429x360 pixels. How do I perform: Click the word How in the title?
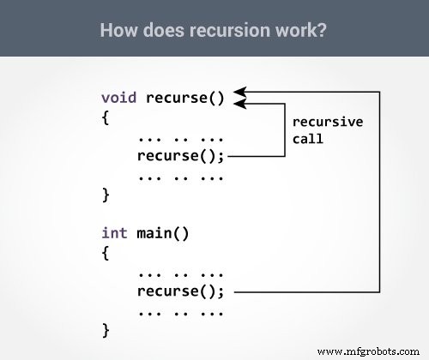(117, 30)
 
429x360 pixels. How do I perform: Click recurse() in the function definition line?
(184, 97)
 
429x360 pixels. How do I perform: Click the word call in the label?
(307, 138)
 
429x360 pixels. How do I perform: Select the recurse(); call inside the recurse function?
(180, 156)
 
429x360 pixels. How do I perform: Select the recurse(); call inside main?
(180, 291)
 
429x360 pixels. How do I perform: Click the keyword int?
(115, 232)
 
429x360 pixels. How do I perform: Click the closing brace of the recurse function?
(106, 195)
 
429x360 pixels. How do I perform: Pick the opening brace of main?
(106, 253)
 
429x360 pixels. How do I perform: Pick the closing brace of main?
(106, 329)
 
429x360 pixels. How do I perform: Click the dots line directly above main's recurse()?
(179, 273)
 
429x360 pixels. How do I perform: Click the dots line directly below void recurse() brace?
(179, 137)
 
